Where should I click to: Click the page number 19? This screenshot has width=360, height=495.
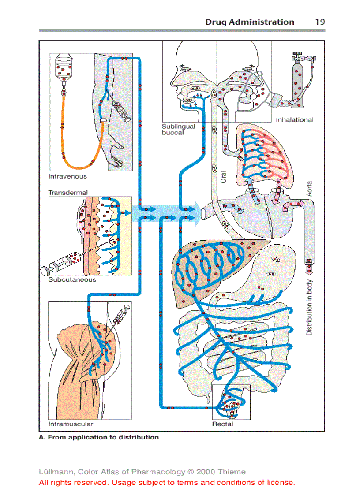(320, 22)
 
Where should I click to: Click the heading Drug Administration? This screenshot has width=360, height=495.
(249, 22)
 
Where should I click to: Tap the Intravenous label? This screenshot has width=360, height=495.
(67, 176)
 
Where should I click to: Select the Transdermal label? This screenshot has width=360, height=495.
(68, 193)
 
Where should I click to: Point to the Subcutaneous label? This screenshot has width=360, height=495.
(72, 279)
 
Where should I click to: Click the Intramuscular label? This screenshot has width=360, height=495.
(71, 424)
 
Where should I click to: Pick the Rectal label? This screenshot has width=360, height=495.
(223, 424)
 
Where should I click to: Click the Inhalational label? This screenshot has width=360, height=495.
(294, 119)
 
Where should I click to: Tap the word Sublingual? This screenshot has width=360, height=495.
(178, 127)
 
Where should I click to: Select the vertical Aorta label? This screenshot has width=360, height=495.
(309, 189)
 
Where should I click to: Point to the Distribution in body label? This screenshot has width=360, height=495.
(309, 307)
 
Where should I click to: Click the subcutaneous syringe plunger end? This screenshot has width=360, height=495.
(45, 269)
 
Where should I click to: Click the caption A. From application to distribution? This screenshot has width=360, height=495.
(99, 437)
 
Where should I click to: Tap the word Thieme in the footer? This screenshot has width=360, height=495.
(230, 472)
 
